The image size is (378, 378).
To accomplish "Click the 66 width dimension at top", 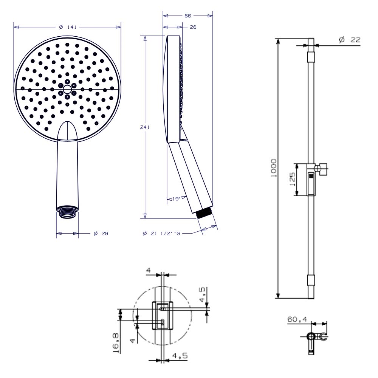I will coord(188,16).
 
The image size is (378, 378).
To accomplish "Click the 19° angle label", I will coord(176,198).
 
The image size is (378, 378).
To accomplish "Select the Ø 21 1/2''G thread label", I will coord(162,234).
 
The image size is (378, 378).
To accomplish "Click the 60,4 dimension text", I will coord(297,319).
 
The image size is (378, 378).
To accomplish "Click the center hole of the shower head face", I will coord(67,89).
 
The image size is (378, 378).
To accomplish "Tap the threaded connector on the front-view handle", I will coord(67,211).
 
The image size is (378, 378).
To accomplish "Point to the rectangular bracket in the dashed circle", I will coord(163,315).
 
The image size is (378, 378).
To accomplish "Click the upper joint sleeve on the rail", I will coord(311,57).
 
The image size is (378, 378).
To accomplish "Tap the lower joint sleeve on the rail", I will coord(311,280).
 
